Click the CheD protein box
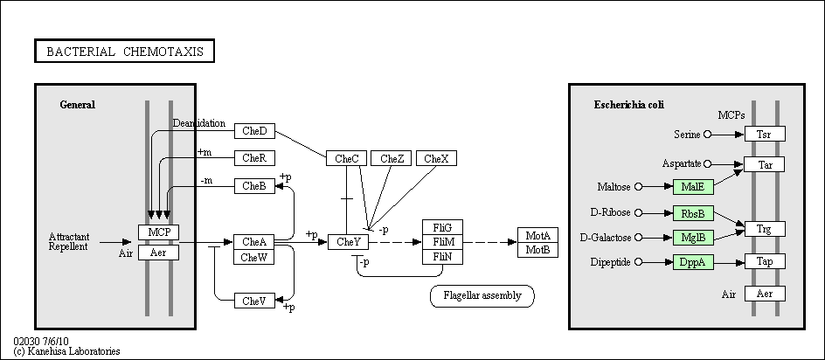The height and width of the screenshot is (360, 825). point(254,131)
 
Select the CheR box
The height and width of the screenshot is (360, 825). point(254,158)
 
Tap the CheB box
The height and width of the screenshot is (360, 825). point(254,186)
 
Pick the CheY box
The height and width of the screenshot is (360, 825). point(349,242)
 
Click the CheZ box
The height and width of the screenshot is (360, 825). point(391,158)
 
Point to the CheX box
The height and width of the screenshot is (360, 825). point(437,158)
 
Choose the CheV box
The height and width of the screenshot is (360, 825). point(254,301)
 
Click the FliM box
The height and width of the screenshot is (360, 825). point(442,242)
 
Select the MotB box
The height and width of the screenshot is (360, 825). point(537,250)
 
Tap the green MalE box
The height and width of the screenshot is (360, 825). point(693,187)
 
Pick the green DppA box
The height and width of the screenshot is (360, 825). point(693,262)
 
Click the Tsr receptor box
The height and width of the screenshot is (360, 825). point(765,135)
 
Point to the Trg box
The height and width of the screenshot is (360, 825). point(765,229)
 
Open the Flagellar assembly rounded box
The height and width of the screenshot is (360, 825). point(482,296)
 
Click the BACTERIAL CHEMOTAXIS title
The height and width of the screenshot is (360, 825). point(124,51)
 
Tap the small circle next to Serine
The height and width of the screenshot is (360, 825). point(708,135)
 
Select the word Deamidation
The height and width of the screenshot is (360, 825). point(199,124)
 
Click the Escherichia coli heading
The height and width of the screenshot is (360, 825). point(629,105)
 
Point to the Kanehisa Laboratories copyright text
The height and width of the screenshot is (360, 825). point(66,351)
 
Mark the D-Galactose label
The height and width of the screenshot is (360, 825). point(606,238)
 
